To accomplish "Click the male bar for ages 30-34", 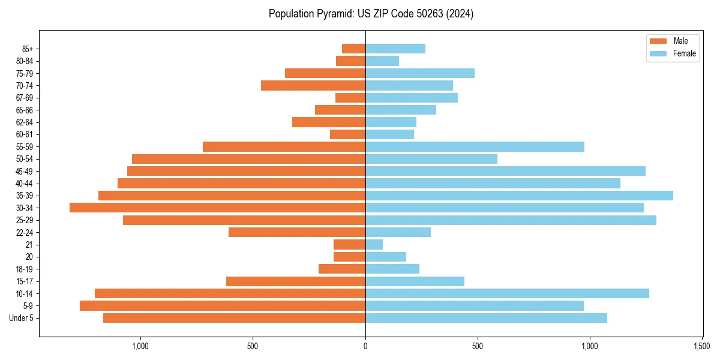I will pyautogui.click(x=217, y=208).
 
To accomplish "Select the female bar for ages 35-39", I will pyautogui.click(x=519, y=196).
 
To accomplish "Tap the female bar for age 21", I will pyautogui.click(x=374, y=244).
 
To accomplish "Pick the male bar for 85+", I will pyautogui.click(x=353, y=49).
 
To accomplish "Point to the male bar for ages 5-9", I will pyautogui.click(x=223, y=305).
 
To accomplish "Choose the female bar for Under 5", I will pyautogui.click(x=486, y=318).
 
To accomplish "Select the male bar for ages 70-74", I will pyautogui.click(x=313, y=85).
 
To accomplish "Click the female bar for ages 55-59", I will pyautogui.click(x=475, y=146).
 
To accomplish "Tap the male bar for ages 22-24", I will pyautogui.click(x=297, y=232).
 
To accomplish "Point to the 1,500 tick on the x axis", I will pyautogui.click(x=702, y=346).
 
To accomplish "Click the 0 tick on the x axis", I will pyautogui.click(x=365, y=346).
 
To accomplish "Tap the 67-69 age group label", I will pyautogui.click(x=25, y=98).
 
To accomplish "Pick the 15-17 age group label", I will pyautogui.click(x=25, y=281).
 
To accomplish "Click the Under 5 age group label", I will pyautogui.click(x=22, y=318).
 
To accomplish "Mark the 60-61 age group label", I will pyautogui.click(x=25, y=134).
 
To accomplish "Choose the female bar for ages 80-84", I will pyautogui.click(x=382, y=61).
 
